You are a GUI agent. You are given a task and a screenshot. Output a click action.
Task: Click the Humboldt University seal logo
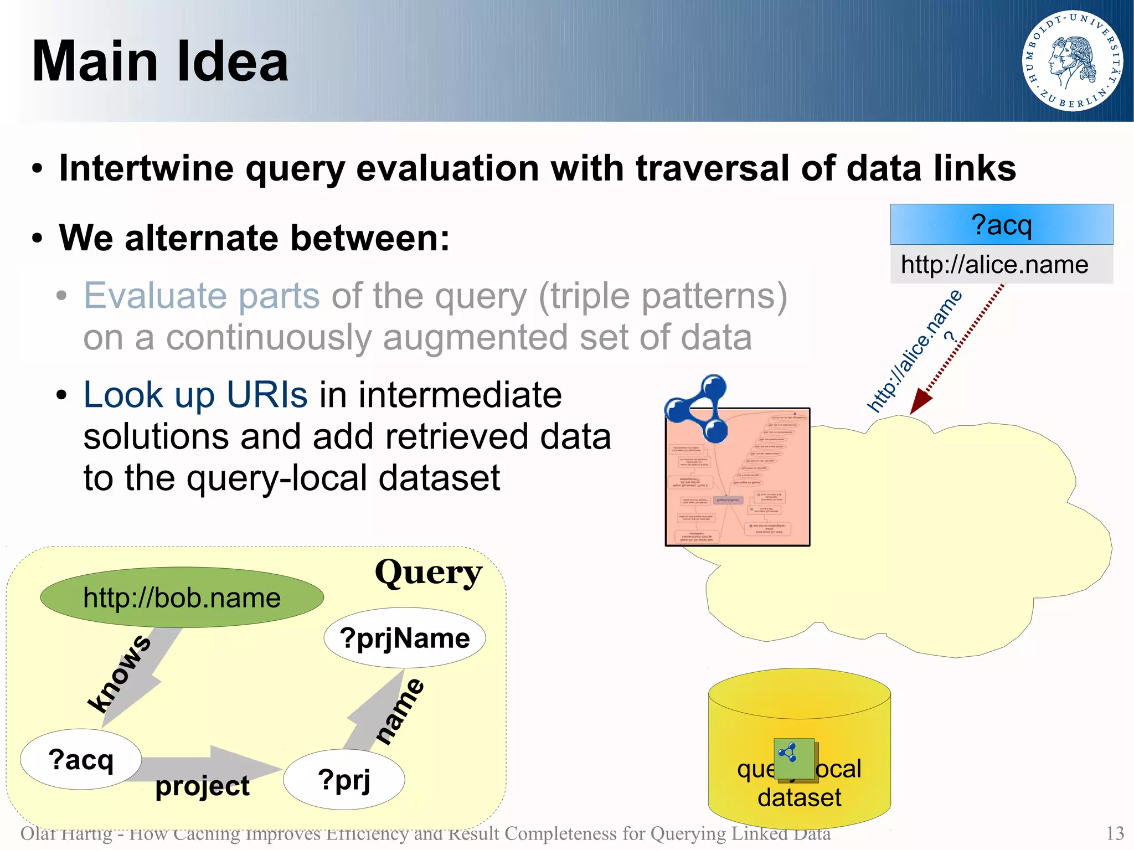coord(1072,61)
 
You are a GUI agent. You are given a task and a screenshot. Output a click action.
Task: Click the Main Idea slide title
coord(160,61)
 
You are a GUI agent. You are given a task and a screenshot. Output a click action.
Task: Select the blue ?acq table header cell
coord(1001,225)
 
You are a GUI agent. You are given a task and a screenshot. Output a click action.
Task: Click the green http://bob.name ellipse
coord(182,597)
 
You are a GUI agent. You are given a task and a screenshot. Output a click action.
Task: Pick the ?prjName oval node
coord(405,638)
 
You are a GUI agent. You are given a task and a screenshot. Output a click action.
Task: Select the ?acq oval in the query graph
coord(81,759)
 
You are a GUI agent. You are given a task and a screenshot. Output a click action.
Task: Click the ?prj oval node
coord(344,780)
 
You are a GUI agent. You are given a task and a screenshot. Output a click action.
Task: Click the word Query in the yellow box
coord(428,573)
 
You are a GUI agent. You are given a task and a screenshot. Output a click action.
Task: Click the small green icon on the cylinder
coord(795,759)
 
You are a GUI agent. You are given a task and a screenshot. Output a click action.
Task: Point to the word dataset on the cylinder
coord(799,798)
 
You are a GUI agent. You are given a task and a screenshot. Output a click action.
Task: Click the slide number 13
coord(1115,833)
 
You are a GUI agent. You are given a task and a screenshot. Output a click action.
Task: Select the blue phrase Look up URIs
coord(195,395)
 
